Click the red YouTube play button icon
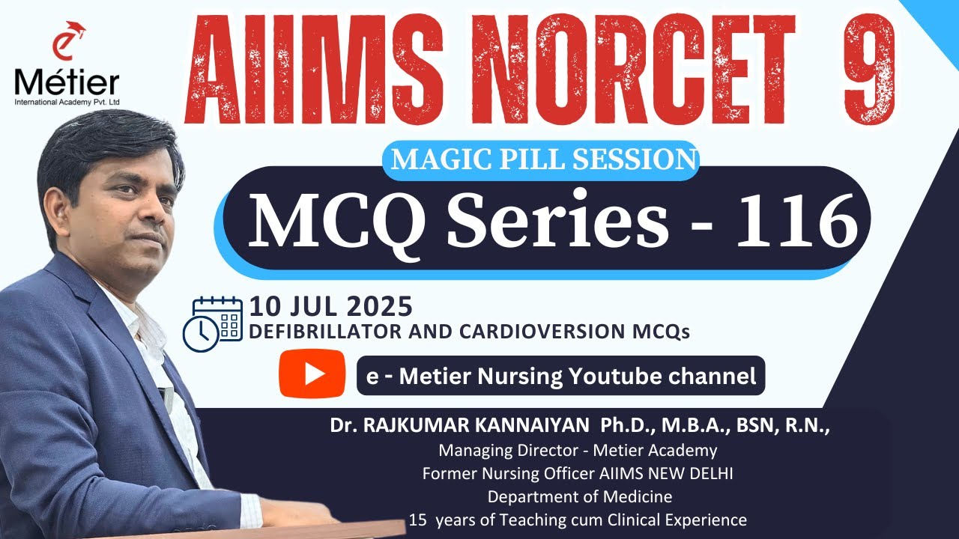[312, 374]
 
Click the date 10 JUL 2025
[330, 306]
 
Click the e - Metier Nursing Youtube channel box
[560, 376]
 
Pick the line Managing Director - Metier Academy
[578, 451]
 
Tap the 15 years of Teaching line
[578, 520]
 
